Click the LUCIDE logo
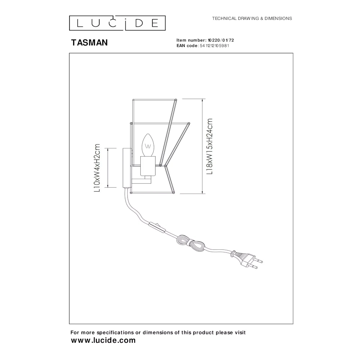[117, 23]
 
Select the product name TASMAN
[89, 43]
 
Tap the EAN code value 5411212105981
[215, 46]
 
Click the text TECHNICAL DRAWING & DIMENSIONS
[252, 18]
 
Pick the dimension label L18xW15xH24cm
[210, 147]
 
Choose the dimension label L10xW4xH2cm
[97, 168]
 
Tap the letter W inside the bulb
[148, 146]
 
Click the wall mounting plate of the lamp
[126, 168]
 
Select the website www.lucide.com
[103, 340]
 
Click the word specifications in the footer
[115, 332]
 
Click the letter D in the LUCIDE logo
[139, 23]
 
